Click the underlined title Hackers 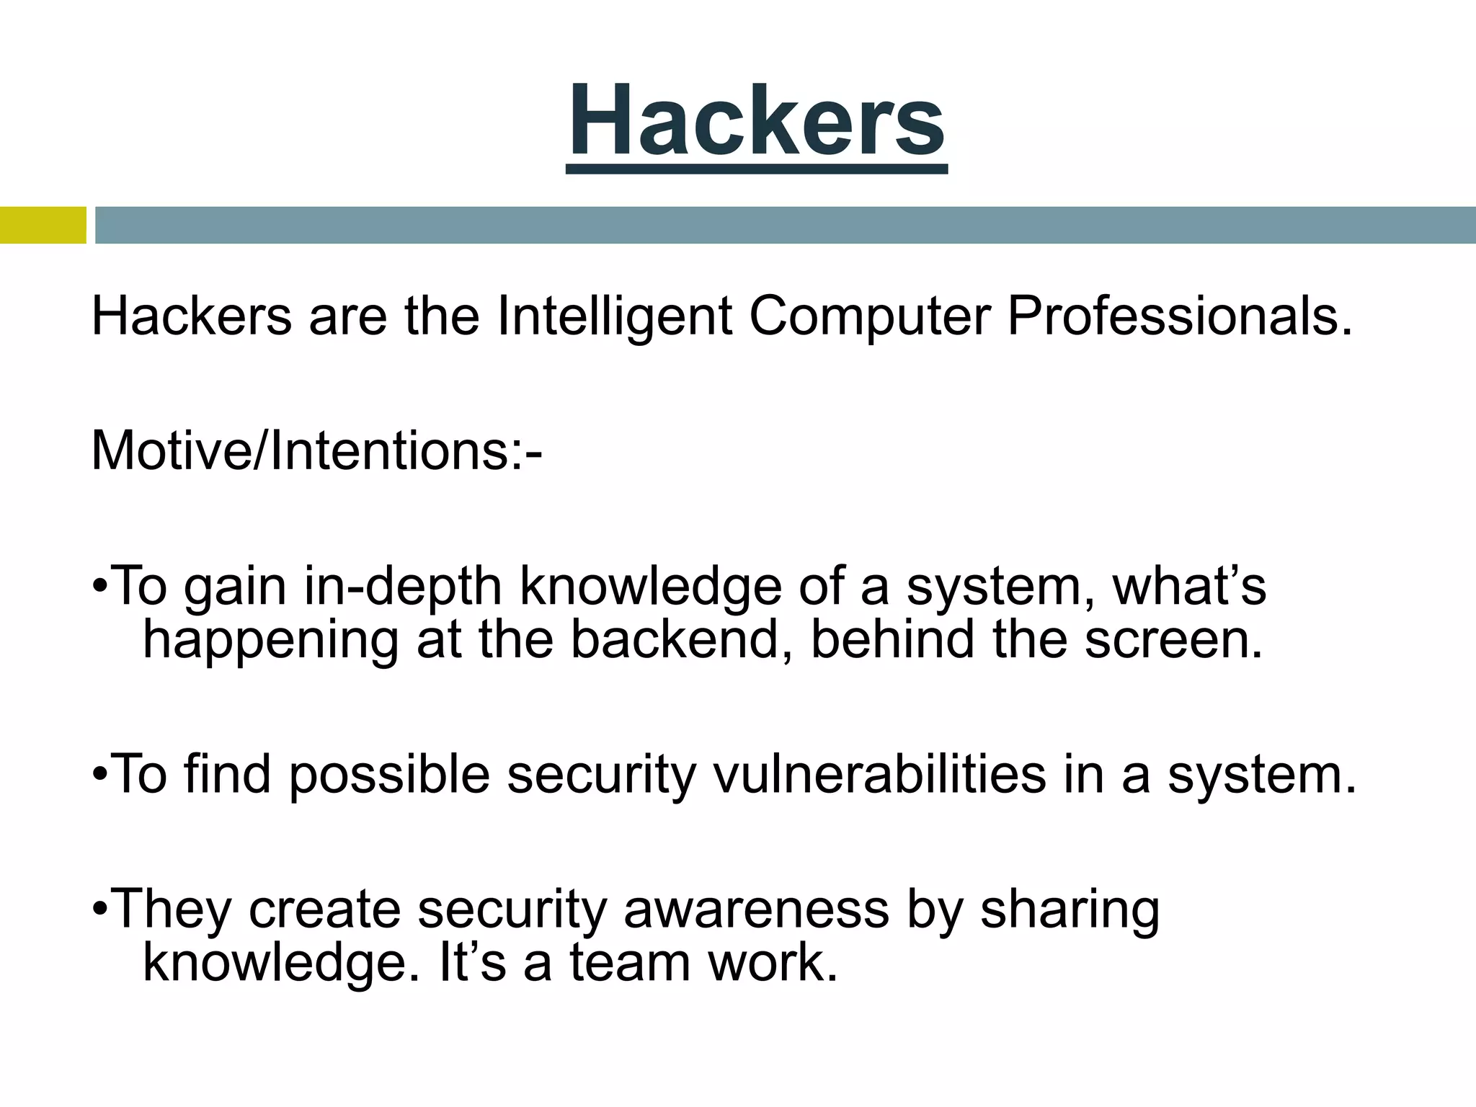click(x=756, y=123)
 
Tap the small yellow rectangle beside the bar click(x=43, y=226)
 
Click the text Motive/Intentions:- click(x=316, y=451)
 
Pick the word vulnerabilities click(x=879, y=774)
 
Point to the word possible click(x=390, y=775)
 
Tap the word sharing click(x=1070, y=910)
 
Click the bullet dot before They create click(x=100, y=911)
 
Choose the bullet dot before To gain click(x=100, y=588)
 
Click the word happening click(x=270, y=641)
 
